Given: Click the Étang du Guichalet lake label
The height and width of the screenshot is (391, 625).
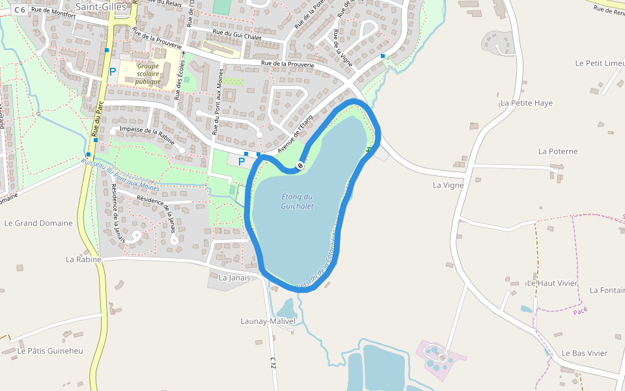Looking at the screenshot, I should click(x=297, y=201).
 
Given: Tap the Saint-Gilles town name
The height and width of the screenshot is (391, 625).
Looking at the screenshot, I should click(x=101, y=7).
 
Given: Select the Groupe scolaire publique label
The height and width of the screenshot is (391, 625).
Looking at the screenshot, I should click(x=148, y=74).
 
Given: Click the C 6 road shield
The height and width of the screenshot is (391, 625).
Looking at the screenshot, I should click(x=20, y=10).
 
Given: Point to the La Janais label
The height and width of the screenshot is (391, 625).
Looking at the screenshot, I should click(x=234, y=278).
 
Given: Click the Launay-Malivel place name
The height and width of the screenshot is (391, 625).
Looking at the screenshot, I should click(x=268, y=321).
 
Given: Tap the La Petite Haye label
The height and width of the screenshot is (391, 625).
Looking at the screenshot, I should click(x=526, y=103).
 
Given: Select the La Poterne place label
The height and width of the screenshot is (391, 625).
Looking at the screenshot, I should click(x=558, y=151).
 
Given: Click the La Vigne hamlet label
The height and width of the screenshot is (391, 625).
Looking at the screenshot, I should click(x=449, y=185).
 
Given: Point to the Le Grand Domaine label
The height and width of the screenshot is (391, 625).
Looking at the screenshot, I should click(x=38, y=223).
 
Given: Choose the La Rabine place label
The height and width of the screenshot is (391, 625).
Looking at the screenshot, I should click(x=83, y=259).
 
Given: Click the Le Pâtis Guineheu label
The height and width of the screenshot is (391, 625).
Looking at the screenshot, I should click(x=50, y=351).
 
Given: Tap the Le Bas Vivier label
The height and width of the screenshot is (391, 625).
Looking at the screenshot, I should click(x=584, y=353).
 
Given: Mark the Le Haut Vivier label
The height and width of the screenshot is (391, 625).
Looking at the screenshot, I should click(x=552, y=283).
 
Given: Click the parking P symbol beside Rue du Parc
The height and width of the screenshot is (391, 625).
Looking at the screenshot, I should click(x=113, y=72).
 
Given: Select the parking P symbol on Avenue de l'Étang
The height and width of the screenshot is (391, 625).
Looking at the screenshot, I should click(x=242, y=161).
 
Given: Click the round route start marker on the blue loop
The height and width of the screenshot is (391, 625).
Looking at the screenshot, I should click(x=300, y=166).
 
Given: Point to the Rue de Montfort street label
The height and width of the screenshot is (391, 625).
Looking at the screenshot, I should click(x=54, y=10).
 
